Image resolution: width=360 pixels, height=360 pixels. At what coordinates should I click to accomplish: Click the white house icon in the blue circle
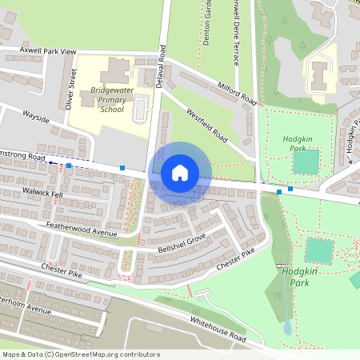click(x=180, y=173)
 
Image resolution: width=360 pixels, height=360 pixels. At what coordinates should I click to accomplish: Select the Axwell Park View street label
click(x=38, y=50)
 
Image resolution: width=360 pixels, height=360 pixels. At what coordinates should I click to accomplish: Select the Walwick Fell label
click(x=43, y=193)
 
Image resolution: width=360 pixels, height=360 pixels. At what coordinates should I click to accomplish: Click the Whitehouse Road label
click(x=218, y=328)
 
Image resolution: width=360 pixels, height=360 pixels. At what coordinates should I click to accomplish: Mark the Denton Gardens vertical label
click(x=206, y=22)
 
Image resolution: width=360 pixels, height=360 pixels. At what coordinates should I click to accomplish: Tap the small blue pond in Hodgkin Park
click(x=287, y=326)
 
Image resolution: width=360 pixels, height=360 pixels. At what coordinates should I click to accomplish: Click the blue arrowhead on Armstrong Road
click(x=50, y=162)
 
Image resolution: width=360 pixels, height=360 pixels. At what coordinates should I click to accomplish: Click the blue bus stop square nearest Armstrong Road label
click(x=70, y=165)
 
